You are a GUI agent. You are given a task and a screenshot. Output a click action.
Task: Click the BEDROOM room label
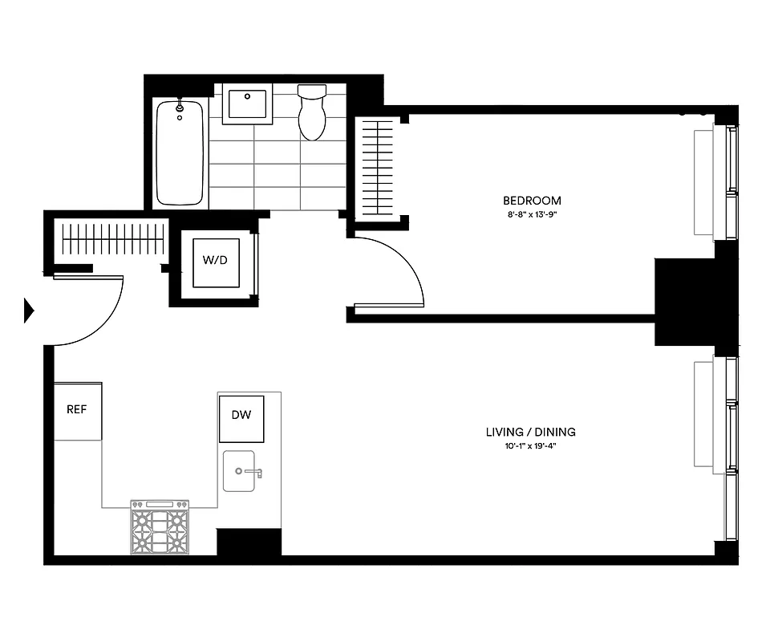click(532, 201)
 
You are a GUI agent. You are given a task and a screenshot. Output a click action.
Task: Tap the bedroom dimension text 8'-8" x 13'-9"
click(532, 214)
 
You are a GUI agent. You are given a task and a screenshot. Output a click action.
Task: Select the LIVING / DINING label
click(530, 432)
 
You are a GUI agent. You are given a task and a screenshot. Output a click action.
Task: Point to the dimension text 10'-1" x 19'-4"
click(530, 445)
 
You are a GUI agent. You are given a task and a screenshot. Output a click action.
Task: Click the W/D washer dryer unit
click(214, 261)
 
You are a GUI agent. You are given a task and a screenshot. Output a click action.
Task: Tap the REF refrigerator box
click(77, 410)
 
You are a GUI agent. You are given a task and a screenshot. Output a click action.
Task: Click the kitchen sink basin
click(241, 471)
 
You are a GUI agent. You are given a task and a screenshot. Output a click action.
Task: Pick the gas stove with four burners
click(160, 527)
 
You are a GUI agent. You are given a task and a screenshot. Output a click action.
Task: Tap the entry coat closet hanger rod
click(112, 238)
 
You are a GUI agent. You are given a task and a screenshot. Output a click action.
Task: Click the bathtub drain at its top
click(180, 105)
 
